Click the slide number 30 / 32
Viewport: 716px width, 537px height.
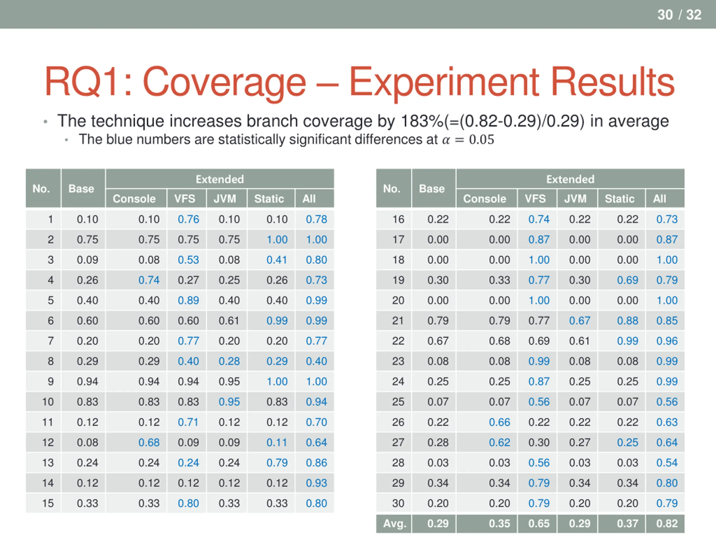[679, 15]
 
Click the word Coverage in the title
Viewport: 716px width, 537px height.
[224, 82]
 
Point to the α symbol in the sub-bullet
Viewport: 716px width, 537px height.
[446, 140]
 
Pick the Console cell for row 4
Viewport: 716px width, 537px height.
[149, 280]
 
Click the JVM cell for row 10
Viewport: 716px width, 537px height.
[229, 402]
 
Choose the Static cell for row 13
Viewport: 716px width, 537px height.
[277, 463]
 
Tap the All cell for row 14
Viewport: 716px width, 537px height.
[316, 483]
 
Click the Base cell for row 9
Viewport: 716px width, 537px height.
[87, 381]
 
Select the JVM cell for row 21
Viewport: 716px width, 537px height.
[580, 321]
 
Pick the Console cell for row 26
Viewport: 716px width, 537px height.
[499, 422]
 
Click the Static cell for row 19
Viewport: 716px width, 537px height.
[627, 280]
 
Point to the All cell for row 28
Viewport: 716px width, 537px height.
[667, 463]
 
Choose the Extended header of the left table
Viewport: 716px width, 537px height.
[220, 179]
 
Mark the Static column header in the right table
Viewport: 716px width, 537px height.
[619, 199]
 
